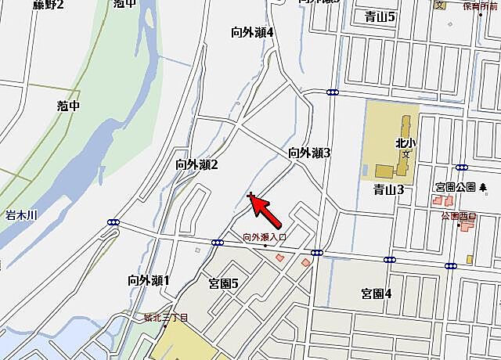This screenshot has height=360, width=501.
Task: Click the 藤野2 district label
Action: pos(49,5)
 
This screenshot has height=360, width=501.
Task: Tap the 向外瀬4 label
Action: pos(252,33)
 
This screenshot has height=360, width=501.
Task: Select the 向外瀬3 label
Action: pos(309,153)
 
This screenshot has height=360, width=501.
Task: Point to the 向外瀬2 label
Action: pos(196,164)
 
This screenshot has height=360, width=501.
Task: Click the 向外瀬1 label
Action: pos(148,280)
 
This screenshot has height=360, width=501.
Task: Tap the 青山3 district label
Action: pos(388,189)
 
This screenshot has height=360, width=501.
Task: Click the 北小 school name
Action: pos(404,143)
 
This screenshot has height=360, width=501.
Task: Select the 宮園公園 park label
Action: pos(456,188)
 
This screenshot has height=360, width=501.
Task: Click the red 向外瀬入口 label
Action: pos(265,237)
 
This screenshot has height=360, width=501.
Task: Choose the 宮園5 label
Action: pos(223,283)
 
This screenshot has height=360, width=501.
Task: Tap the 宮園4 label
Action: pos(376,293)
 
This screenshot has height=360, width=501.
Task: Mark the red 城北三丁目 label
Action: pos(167,317)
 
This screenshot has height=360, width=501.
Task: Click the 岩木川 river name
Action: pos(22,213)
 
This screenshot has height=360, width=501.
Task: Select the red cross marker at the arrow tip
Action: pos(250,196)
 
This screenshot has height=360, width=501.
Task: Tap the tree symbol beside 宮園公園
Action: pos(483,188)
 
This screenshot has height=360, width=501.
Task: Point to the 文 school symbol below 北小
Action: pos(405,154)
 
